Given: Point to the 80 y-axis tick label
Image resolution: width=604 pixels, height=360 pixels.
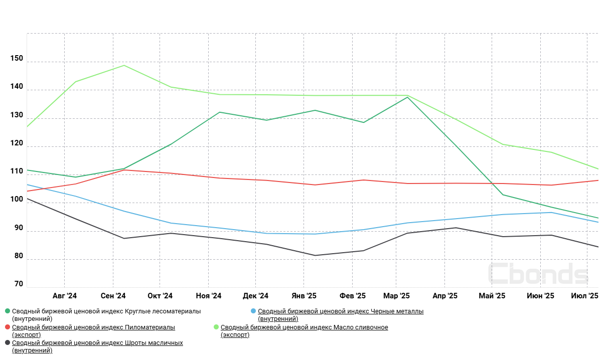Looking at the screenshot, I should click(x=19, y=256).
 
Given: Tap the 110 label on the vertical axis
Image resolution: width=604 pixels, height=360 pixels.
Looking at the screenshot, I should click(x=17, y=171).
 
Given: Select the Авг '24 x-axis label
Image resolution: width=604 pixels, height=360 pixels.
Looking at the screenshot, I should click(x=65, y=296).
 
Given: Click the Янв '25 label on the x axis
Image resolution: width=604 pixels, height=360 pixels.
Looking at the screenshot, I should click(x=304, y=296).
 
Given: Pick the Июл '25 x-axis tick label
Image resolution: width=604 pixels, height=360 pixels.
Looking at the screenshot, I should click(x=585, y=296).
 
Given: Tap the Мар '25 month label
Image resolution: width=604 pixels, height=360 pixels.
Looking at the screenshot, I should click(x=396, y=296).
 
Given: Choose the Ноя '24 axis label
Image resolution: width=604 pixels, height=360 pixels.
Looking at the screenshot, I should click(x=209, y=296).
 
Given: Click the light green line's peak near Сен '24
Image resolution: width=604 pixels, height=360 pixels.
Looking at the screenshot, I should click(x=124, y=65).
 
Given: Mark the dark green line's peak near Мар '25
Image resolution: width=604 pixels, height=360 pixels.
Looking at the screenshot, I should click(x=407, y=97).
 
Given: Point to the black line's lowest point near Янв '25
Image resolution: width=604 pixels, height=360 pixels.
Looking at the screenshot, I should click(x=315, y=255).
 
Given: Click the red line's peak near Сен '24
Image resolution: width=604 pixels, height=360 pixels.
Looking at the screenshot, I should click(x=124, y=169).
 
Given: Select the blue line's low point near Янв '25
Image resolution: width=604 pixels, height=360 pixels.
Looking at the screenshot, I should click(x=315, y=234).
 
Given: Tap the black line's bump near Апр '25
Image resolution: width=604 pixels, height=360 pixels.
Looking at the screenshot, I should click(x=456, y=228).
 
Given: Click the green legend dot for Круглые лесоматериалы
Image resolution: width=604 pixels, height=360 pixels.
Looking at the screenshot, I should click(x=7, y=311).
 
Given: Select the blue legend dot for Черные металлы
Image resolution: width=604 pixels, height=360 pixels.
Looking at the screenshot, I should click(x=253, y=311).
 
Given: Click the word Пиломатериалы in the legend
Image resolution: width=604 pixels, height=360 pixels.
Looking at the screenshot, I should click(x=150, y=327).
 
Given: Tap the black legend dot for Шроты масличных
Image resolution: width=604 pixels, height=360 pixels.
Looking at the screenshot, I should click(x=7, y=343).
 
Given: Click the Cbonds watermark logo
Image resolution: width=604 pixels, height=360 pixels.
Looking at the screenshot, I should click(x=538, y=274).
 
